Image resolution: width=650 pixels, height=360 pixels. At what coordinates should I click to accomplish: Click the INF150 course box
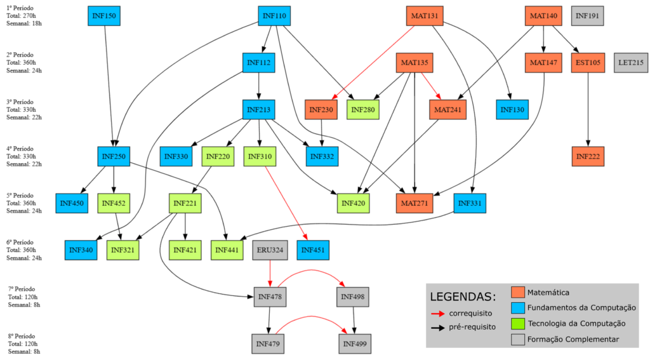coord(103,15)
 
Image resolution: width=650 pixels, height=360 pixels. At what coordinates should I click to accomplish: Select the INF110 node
coord(274,15)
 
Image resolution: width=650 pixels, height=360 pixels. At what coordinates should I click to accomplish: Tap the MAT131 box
coord(423,15)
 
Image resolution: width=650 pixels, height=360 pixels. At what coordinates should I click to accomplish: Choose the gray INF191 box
coord(587,15)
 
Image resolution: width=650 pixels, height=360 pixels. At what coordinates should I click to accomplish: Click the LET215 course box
coord(630,62)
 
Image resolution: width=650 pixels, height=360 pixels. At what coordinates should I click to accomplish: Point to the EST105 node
coord(588,62)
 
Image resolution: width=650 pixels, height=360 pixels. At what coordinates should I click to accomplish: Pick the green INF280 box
coord(363,109)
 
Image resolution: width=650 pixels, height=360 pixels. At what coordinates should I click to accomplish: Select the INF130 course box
coord(513,109)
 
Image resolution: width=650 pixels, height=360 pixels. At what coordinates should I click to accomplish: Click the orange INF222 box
coord(588,156)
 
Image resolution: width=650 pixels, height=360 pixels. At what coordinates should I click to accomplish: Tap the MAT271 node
coord(414,203)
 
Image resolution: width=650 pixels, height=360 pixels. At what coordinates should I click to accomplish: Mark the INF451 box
coord(314,250)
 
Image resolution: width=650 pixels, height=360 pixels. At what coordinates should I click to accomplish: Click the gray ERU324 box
coord(270,250)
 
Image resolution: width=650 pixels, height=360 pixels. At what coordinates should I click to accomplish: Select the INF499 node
coord(354,343)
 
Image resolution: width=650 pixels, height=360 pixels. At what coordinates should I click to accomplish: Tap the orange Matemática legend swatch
coord(518,292)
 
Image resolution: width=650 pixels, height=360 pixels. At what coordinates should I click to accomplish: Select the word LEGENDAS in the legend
coord(463,297)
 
